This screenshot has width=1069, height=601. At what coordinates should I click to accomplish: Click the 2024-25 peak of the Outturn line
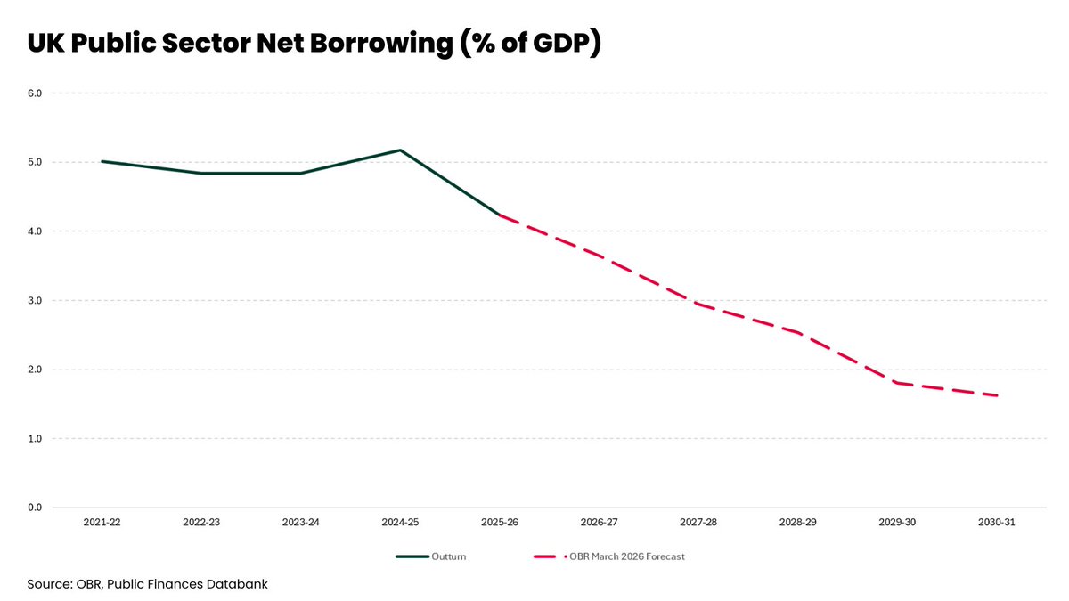pyautogui.click(x=400, y=150)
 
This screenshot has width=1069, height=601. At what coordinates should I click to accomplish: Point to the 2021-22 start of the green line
pyautogui.click(x=102, y=161)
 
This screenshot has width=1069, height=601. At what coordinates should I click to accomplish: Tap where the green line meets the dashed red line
pyautogui.click(x=499, y=215)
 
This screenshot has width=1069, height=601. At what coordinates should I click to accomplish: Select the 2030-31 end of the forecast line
pyautogui.click(x=997, y=395)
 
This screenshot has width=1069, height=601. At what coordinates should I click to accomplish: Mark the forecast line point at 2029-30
pyautogui.click(x=897, y=383)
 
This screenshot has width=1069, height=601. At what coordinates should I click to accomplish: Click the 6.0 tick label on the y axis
pyautogui.click(x=35, y=93)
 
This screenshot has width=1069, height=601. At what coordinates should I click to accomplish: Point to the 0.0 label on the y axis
pyautogui.click(x=35, y=508)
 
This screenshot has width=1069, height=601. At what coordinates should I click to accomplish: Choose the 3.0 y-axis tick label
pyautogui.click(x=35, y=301)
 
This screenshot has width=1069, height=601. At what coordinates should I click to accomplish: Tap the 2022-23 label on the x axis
pyautogui.click(x=201, y=523)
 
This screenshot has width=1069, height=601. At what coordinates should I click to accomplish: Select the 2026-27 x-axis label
pyautogui.click(x=599, y=523)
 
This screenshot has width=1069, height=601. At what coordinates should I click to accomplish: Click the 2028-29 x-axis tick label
pyautogui.click(x=798, y=523)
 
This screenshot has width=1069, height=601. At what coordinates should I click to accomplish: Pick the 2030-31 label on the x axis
pyautogui.click(x=997, y=523)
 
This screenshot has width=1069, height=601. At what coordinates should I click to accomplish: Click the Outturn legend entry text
pyautogui.click(x=449, y=556)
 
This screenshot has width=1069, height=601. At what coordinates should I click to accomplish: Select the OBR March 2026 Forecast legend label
pyautogui.click(x=627, y=556)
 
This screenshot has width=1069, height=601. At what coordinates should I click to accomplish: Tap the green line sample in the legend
pyautogui.click(x=412, y=556)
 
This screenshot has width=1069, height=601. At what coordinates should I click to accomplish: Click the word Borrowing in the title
pyautogui.click(x=381, y=43)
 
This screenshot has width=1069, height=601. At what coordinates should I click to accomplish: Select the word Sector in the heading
pyautogui.click(x=206, y=43)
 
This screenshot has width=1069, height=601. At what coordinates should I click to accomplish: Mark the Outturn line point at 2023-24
pyautogui.click(x=301, y=173)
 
